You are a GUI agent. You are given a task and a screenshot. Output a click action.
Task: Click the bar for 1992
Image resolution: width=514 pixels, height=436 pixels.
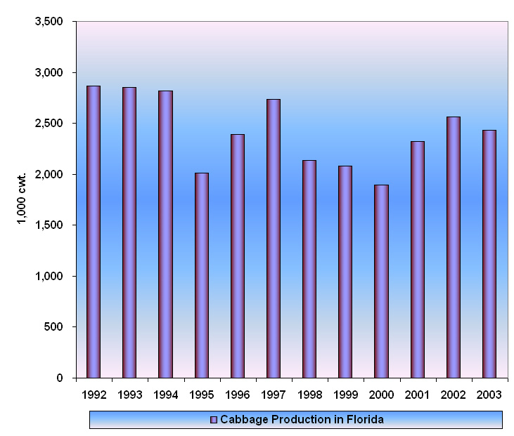pyautogui.click(x=94, y=232)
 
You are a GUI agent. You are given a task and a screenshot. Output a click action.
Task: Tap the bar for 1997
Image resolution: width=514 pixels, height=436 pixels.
pyautogui.click(x=274, y=239)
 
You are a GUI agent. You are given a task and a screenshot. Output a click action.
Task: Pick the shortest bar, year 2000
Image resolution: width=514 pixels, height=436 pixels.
pyautogui.click(x=381, y=281)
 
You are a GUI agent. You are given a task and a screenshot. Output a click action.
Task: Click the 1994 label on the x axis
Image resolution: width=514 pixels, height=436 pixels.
pyautogui.click(x=165, y=395)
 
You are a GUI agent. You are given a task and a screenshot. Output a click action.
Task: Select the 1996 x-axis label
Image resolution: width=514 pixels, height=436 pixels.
pyautogui.click(x=237, y=395)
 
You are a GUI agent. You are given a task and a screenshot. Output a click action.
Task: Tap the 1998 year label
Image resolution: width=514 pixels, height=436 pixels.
pyautogui.click(x=309, y=395)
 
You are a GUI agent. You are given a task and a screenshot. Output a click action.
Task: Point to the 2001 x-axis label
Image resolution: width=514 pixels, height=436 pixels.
pyautogui.click(x=417, y=395)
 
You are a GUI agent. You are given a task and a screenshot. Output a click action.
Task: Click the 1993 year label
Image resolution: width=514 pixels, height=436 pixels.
pyautogui.click(x=129, y=395)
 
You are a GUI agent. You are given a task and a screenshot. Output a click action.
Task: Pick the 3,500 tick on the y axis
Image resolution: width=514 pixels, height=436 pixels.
pyautogui.click(x=49, y=22)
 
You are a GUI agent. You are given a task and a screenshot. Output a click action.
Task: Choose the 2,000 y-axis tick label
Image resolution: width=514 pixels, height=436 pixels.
pyautogui.click(x=49, y=174)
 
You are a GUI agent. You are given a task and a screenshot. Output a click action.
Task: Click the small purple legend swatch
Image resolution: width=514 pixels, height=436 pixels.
pyautogui.click(x=214, y=420)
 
